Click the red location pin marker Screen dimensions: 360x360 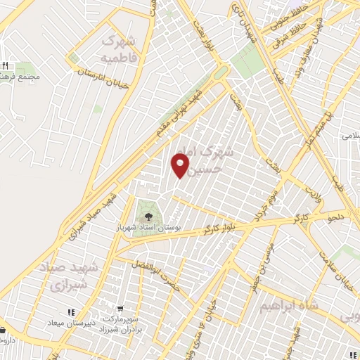tap(181, 166)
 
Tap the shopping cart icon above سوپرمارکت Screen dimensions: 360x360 tap(121, 309)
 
